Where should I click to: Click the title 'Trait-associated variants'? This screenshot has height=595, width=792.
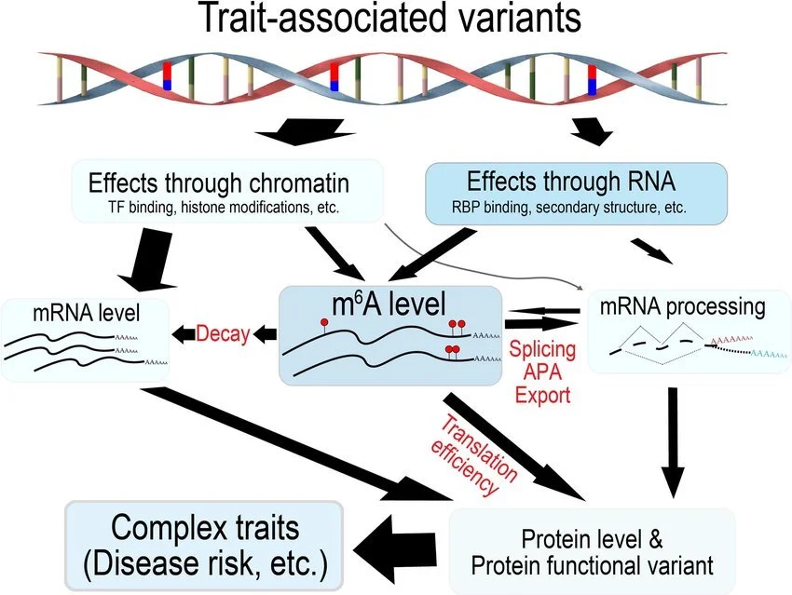[395, 20]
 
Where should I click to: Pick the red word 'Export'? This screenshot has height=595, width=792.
[540, 395]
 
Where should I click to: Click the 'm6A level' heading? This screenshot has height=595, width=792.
[389, 304]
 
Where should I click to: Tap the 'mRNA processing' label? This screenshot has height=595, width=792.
[684, 306]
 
